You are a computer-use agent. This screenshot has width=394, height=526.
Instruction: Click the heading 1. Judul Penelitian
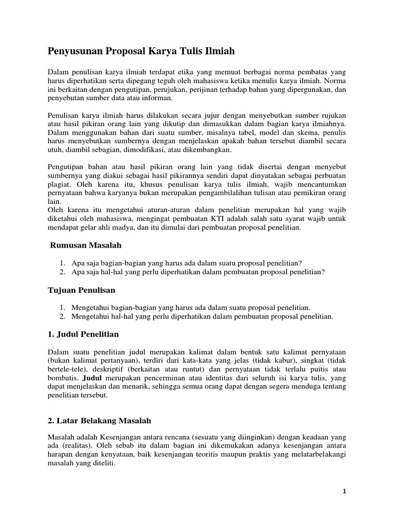click(x=83, y=334)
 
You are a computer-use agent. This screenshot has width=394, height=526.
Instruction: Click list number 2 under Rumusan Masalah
click(x=62, y=271)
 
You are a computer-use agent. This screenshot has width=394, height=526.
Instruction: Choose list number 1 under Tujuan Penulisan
click(x=62, y=307)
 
